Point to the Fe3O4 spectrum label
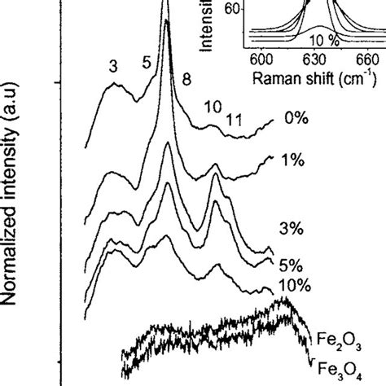point(336,366)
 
